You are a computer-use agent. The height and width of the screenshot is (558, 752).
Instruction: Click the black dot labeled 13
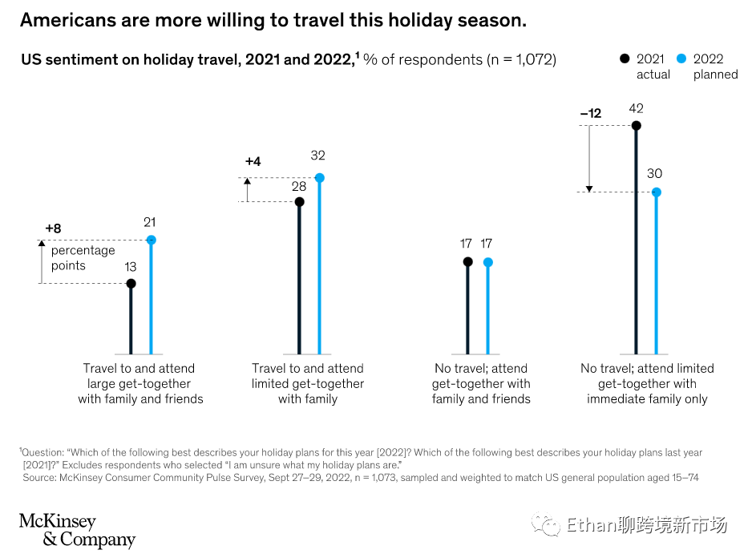[131, 284]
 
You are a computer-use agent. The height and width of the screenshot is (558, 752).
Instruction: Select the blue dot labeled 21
[151, 240]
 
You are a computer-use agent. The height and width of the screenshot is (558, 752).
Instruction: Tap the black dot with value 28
[300, 202]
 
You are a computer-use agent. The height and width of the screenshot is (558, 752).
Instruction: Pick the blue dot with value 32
[319, 178]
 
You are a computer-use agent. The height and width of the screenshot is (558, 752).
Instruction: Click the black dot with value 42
[637, 126]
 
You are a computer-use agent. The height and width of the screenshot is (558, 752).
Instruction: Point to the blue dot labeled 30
[656, 192]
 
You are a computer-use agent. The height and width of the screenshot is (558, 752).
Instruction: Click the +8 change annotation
[53, 228]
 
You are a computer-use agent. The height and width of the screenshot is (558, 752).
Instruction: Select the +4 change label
[253, 162]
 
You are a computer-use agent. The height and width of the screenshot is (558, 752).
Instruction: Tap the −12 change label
[590, 114]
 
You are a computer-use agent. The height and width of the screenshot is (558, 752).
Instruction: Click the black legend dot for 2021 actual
[625, 59]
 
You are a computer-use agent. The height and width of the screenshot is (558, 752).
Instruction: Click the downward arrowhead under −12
[589, 188]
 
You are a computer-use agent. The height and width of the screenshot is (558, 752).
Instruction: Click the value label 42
[637, 108]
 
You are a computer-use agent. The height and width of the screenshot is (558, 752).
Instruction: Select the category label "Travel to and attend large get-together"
[140, 383]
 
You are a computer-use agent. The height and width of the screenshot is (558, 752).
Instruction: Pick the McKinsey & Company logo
[77, 530]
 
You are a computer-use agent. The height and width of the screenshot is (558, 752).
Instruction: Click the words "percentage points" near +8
[83, 258]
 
